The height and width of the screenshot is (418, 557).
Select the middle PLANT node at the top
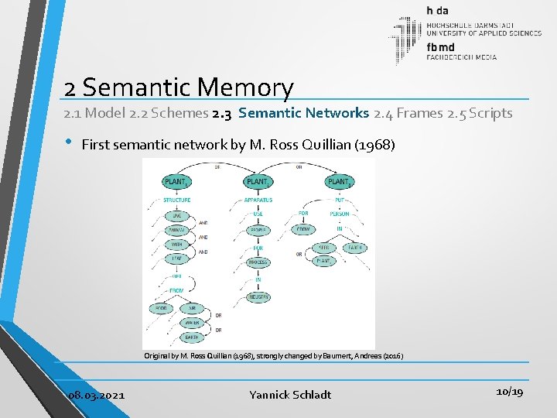257,182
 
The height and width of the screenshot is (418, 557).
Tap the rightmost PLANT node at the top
338,182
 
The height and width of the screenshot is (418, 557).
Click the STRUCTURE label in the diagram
176,200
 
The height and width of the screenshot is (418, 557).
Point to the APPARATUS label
258,200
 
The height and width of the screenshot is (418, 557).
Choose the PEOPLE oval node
258,230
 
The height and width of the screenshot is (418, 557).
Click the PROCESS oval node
258,263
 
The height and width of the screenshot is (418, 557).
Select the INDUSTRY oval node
258,296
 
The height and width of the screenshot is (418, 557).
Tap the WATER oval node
192,323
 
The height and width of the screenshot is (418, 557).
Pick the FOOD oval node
161,308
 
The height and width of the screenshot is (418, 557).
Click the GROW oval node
302,230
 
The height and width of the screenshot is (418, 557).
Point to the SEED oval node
324,248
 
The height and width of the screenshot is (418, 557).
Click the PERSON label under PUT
339,214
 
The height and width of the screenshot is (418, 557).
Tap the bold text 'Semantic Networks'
304,113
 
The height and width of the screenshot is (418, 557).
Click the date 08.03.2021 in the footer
96,395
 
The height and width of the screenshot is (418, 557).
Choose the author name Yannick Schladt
290,395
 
